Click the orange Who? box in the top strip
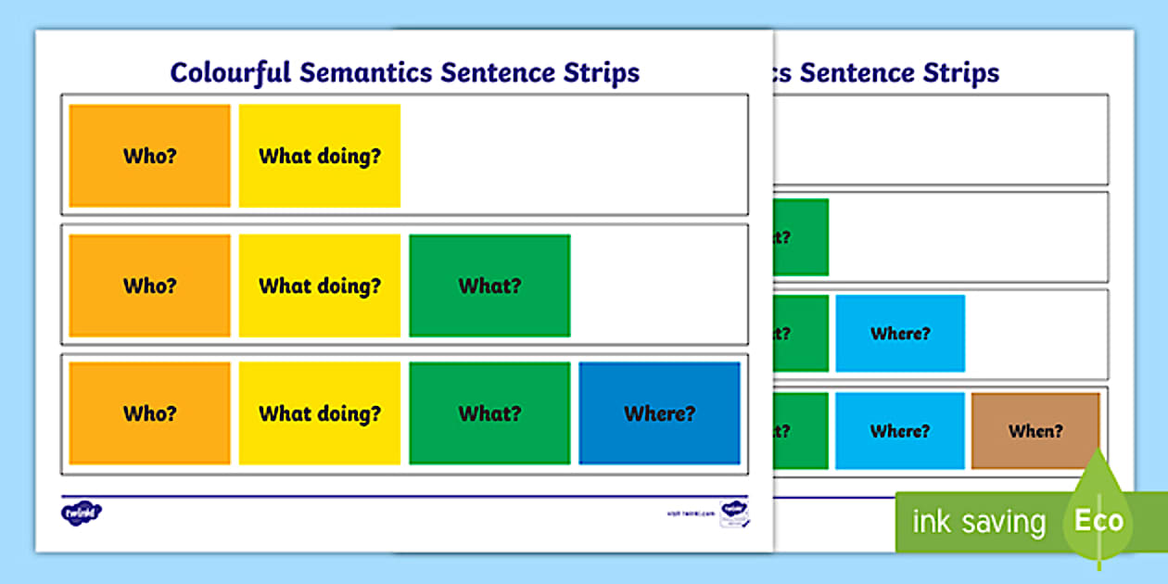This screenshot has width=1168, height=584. click(149, 156)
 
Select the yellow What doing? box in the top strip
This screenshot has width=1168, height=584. click(320, 156)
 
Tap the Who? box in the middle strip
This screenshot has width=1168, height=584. click(149, 286)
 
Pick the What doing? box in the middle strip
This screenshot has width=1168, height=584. click(320, 286)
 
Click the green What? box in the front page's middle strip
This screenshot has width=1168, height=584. click(489, 286)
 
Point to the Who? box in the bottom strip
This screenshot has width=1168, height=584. click(149, 413)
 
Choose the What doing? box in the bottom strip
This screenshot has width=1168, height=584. click(320, 413)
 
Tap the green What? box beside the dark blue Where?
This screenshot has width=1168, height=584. click(489, 413)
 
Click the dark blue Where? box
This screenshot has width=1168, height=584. click(659, 413)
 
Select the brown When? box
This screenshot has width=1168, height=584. click(1035, 431)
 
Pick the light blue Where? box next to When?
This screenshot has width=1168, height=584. click(900, 431)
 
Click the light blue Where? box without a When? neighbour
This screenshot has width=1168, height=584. click(900, 334)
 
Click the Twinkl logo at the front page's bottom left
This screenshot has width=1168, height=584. click(82, 512)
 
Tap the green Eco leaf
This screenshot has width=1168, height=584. click(1099, 514)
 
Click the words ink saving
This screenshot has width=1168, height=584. click(978, 522)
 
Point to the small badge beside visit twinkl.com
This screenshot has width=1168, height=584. click(734, 513)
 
